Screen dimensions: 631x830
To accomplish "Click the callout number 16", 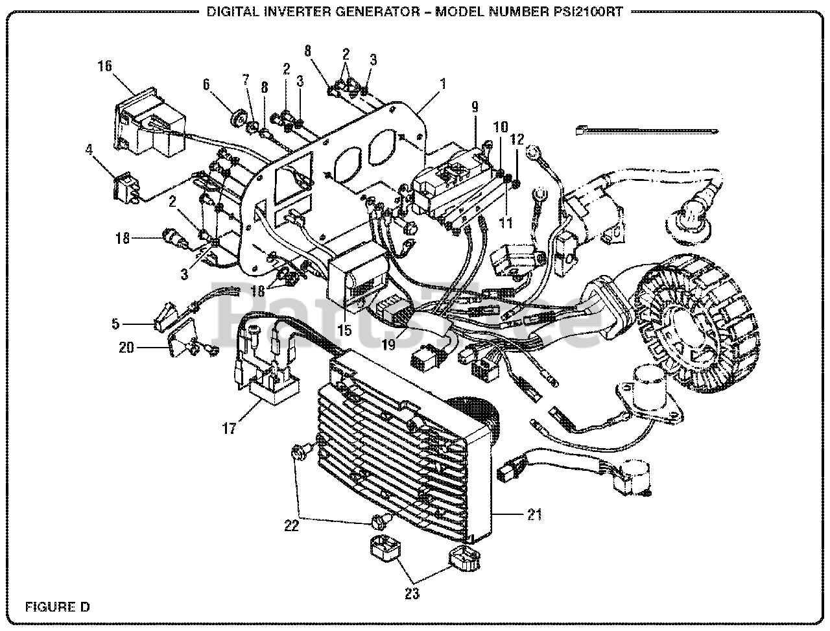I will [104, 65].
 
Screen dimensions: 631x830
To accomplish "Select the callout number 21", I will [534, 515].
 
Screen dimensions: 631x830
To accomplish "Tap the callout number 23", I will [412, 593].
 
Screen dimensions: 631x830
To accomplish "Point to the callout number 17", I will [229, 429].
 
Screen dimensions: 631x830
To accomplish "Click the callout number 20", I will [126, 348].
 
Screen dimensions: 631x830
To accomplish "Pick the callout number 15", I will [344, 330].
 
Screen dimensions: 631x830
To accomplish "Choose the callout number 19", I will [388, 345].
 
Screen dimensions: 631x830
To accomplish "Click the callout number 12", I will [517, 139].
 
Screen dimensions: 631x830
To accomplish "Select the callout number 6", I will [206, 84].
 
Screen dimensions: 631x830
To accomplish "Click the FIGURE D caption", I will [57, 607].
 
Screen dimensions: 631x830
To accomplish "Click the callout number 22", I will [291, 526].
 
